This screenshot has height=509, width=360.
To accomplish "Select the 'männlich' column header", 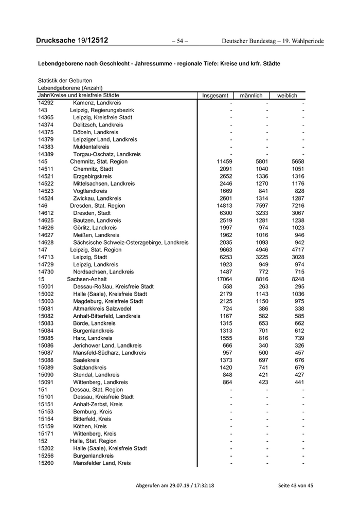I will (x=251, y=96).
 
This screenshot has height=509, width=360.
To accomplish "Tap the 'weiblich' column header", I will (x=287, y=96).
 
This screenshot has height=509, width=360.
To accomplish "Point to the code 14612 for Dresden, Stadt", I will (x=46, y=213).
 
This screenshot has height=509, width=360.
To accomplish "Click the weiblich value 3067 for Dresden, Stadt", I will (x=296, y=213).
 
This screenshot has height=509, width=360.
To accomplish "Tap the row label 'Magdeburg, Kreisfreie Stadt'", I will (x=108, y=301).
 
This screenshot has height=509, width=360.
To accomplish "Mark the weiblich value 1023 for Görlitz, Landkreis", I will (x=296, y=228).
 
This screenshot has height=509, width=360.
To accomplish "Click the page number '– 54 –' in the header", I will (x=179, y=41).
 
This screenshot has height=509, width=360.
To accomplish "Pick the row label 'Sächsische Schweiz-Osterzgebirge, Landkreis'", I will (x=131, y=242).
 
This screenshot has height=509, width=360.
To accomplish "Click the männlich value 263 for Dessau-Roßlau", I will (x=262, y=286).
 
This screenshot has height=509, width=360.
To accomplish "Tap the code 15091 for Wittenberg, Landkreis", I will (x=46, y=382).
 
